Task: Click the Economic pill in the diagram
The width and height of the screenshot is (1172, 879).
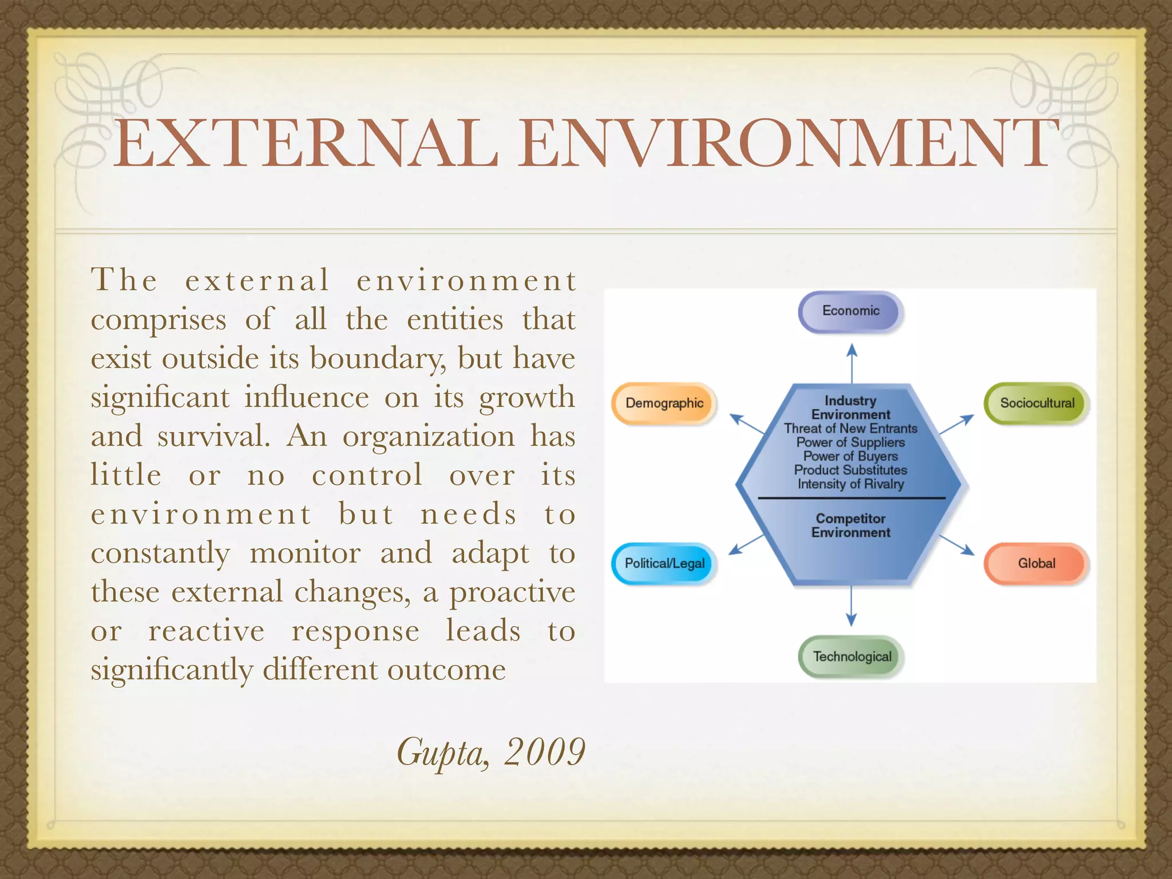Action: pyautogui.click(x=850, y=311)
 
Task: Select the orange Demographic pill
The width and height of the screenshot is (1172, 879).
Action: pyautogui.click(x=664, y=403)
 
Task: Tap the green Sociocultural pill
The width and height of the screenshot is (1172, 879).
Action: pyautogui.click(x=1036, y=403)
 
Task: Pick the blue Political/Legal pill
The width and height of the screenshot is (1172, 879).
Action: pyautogui.click(x=664, y=564)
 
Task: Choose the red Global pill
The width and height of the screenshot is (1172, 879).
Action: pyautogui.click(x=1036, y=564)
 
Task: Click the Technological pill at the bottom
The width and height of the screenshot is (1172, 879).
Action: pyautogui.click(x=852, y=656)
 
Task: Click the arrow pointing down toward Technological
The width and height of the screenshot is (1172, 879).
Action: pyautogui.click(x=851, y=607)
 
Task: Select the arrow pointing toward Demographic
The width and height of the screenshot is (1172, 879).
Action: pyautogui.click(x=747, y=424)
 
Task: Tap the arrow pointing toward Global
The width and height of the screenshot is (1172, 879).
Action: pyautogui.click(x=957, y=545)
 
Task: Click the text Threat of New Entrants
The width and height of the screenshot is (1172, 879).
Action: pyautogui.click(x=850, y=429)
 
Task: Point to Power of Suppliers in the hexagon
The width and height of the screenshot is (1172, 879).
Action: pyautogui.click(x=850, y=442)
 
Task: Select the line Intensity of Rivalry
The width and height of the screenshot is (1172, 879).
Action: pyautogui.click(x=850, y=484)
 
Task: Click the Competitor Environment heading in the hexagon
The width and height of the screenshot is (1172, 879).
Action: pyautogui.click(x=850, y=525)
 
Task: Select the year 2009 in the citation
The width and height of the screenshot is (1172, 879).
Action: pyautogui.click(x=544, y=751)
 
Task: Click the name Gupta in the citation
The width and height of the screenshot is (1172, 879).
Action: pyautogui.click(x=442, y=753)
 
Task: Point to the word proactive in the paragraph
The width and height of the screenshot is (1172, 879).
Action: pyautogui.click(x=512, y=593)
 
